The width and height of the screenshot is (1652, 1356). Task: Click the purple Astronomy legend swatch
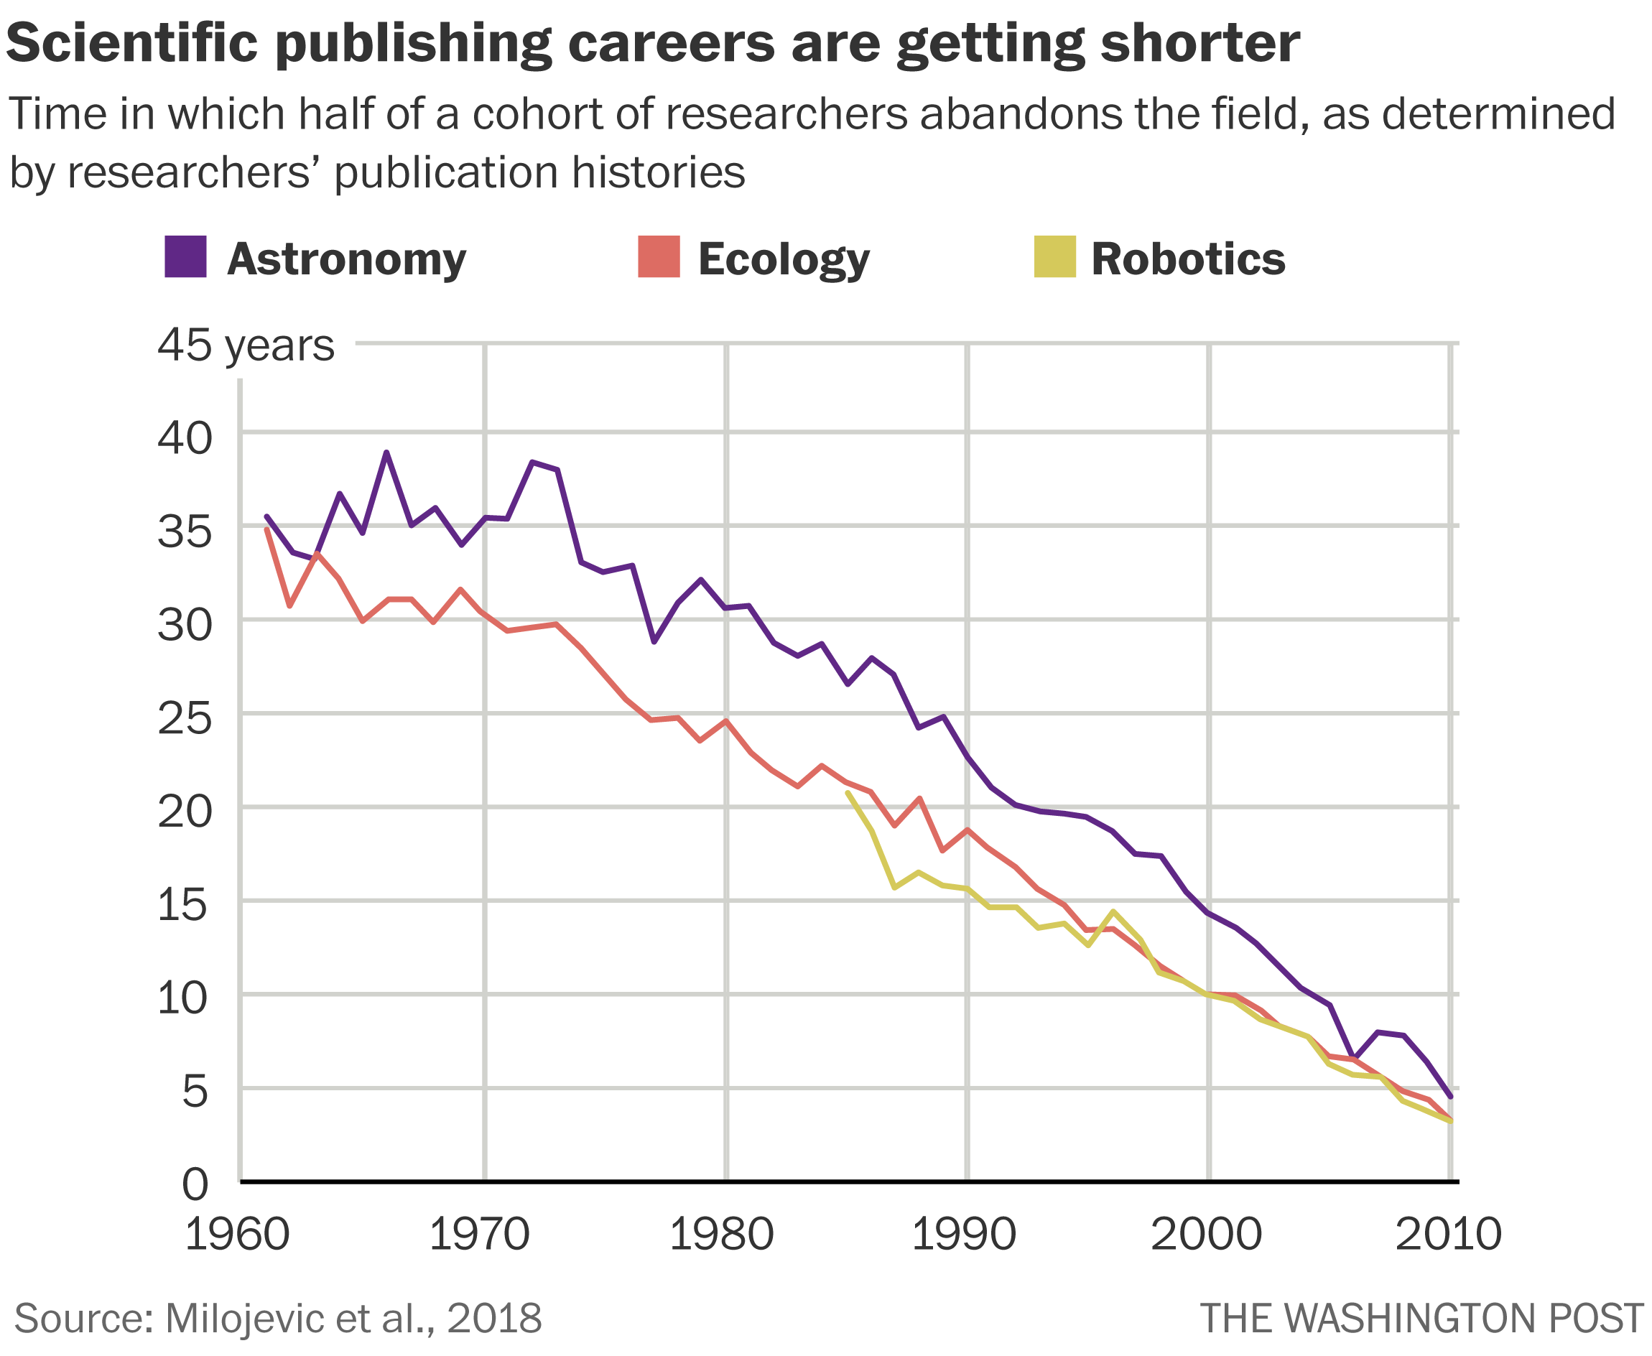pyautogui.click(x=185, y=256)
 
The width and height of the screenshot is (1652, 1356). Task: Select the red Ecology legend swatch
pyautogui.click(x=659, y=256)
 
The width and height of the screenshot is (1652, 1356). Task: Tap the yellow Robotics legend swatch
pyautogui.click(x=1054, y=256)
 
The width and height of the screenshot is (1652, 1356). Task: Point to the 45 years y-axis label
pyautogui.click(x=245, y=345)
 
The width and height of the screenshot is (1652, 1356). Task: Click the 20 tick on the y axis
pyautogui.click(x=185, y=812)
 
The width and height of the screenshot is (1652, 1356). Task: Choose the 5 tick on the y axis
pyautogui.click(x=196, y=1091)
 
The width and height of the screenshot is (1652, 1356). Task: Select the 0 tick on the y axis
pyautogui.click(x=196, y=1185)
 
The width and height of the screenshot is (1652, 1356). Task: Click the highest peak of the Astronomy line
pyautogui.click(x=386, y=452)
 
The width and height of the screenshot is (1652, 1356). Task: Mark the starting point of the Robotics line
pyautogui.click(x=848, y=793)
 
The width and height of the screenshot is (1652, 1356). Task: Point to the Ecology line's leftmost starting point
pyautogui.click(x=266, y=529)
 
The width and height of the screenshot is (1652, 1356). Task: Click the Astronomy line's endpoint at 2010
pyautogui.click(x=1450, y=1097)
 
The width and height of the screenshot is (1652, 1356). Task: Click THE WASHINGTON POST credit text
pyautogui.click(x=1421, y=1319)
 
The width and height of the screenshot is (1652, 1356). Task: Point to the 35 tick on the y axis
pyautogui.click(x=185, y=533)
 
